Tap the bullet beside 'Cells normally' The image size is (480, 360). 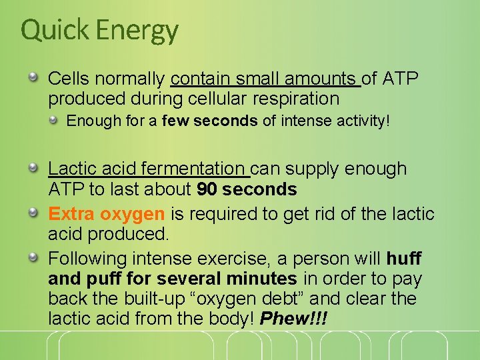coord(33,78)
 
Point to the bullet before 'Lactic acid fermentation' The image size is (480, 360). coord(33,168)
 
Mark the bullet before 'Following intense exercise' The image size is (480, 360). coord(33,257)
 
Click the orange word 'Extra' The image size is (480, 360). coord(71,214)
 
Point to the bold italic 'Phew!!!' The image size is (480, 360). coord(294,319)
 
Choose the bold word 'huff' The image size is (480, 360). coord(404,258)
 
